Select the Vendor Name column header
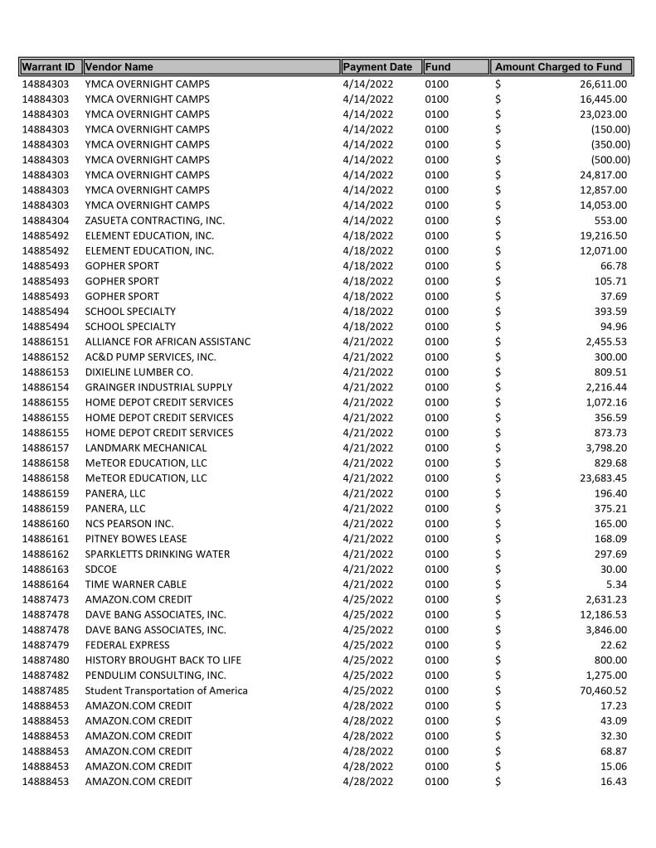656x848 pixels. click(x=119, y=67)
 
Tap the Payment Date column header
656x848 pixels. click(x=377, y=67)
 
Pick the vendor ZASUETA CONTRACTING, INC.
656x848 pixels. click(x=154, y=220)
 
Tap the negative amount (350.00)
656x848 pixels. click(x=610, y=144)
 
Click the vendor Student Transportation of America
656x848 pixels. click(x=166, y=691)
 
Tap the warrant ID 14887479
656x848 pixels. click(x=46, y=645)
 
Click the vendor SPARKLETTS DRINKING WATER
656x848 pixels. click(x=158, y=554)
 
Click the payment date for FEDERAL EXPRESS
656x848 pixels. click(x=367, y=645)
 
